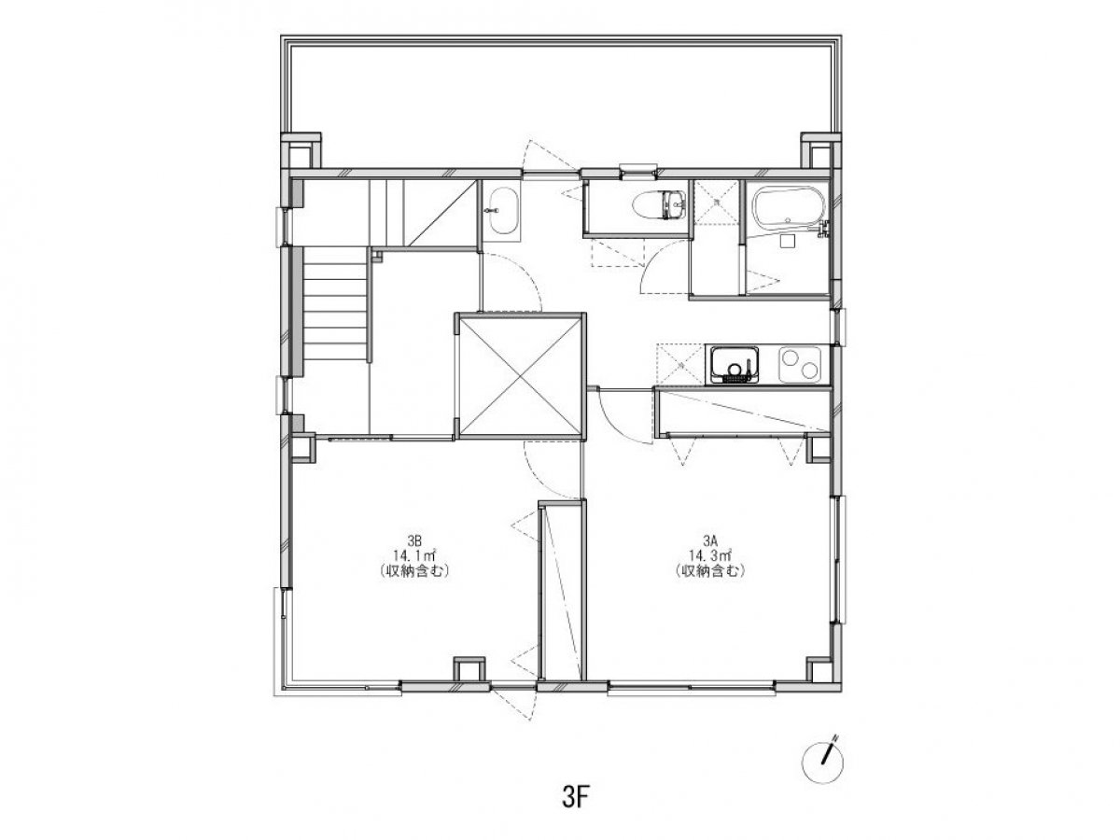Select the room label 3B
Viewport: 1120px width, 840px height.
414,540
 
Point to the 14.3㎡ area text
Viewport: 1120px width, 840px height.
710,555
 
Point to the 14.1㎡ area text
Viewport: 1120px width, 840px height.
414,555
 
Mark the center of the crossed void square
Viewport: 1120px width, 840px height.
520,376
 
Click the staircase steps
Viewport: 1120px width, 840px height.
335,304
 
